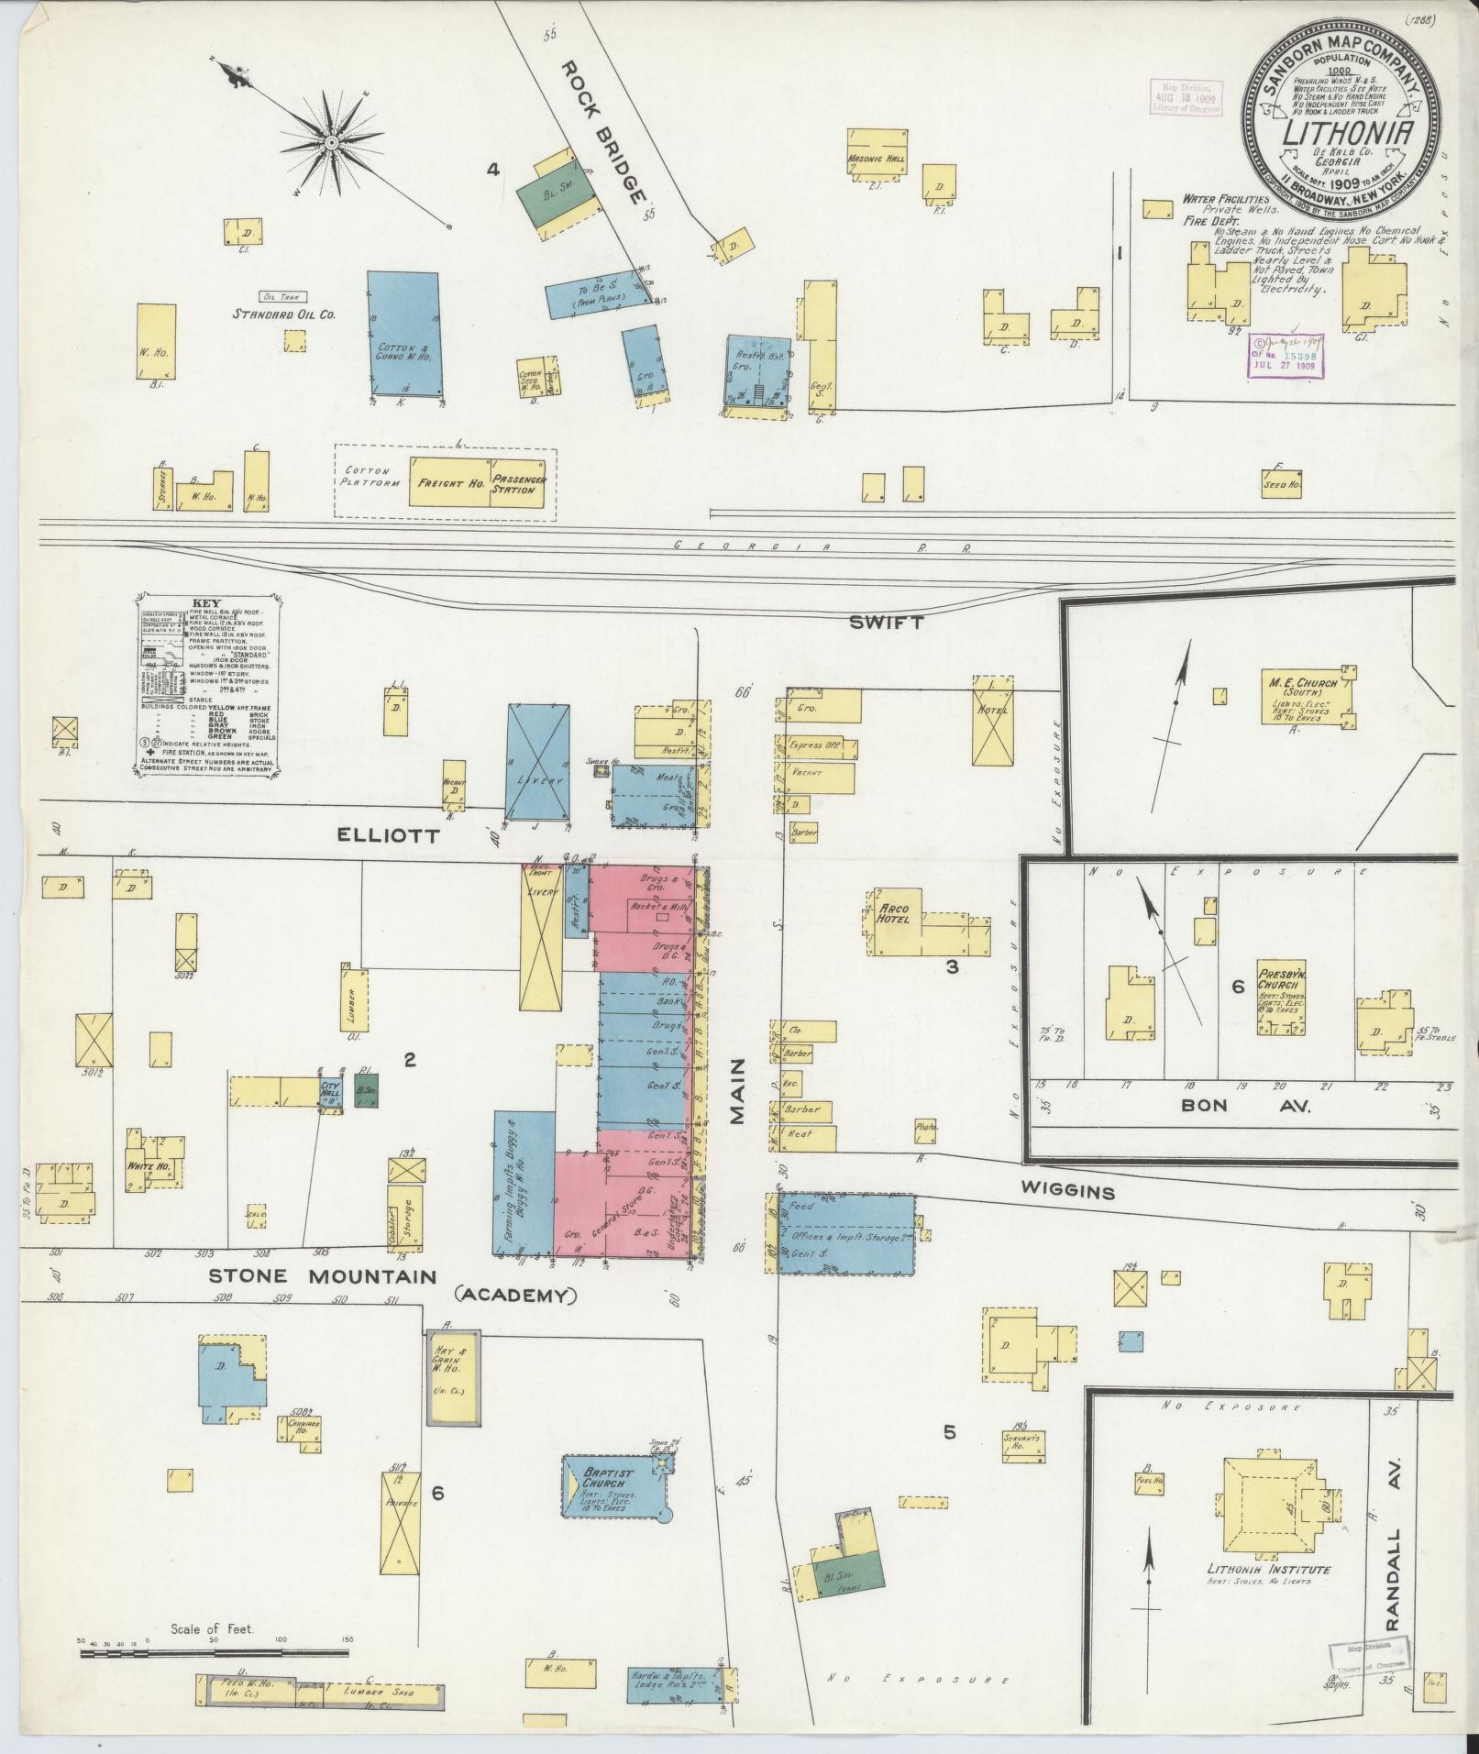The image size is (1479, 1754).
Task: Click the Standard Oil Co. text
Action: pos(282,314)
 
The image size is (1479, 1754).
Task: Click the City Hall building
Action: pos(330,1091)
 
